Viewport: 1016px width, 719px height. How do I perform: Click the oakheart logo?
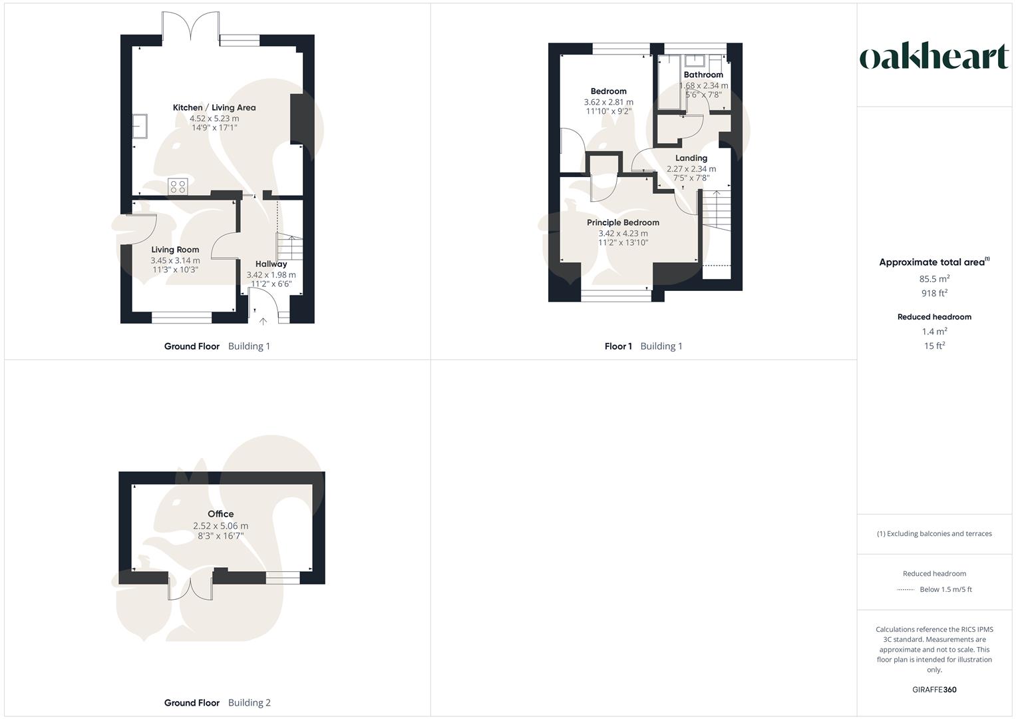[934, 57]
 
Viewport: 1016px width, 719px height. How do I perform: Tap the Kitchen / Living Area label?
[214, 108]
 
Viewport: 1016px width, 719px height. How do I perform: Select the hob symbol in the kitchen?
[178, 186]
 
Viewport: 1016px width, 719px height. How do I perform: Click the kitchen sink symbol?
[140, 126]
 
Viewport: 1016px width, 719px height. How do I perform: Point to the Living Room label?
[175, 250]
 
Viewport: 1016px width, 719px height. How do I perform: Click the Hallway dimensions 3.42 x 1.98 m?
[271, 275]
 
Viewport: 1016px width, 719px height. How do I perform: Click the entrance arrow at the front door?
[263, 322]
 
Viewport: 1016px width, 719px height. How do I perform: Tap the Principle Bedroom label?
[623, 223]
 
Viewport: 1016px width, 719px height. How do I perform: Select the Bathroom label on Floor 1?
[703, 75]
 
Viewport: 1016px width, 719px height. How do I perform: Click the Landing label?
[691, 158]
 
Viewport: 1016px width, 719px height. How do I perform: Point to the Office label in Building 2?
[221, 514]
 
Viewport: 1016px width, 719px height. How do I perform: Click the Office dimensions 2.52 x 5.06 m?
[221, 526]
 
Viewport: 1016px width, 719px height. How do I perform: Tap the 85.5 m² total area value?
[934, 279]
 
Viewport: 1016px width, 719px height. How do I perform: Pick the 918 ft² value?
[934, 294]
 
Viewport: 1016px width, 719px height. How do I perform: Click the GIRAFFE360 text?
[934, 690]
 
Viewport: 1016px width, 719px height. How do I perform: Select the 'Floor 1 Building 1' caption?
[643, 346]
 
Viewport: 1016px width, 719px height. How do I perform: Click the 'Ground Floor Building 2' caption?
[218, 703]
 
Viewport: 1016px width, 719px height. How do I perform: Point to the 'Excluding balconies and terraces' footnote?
[934, 534]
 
